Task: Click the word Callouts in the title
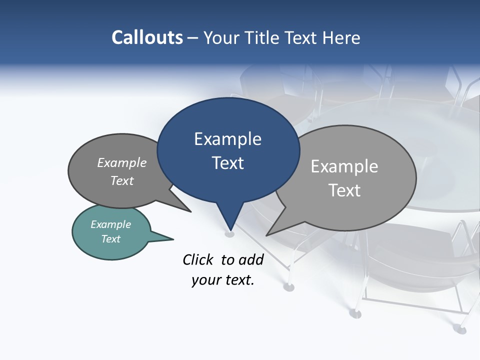(x=147, y=37)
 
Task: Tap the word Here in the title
(x=341, y=37)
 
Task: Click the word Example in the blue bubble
(x=227, y=139)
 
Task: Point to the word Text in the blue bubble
(x=227, y=163)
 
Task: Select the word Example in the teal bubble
(x=111, y=224)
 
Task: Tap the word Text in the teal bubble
(x=111, y=239)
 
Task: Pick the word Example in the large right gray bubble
(x=344, y=166)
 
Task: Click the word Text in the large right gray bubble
(x=344, y=190)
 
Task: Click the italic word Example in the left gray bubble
(x=122, y=163)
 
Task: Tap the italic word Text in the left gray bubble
(x=122, y=180)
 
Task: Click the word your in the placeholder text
(x=205, y=280)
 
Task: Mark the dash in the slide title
(x=193, y=38)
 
